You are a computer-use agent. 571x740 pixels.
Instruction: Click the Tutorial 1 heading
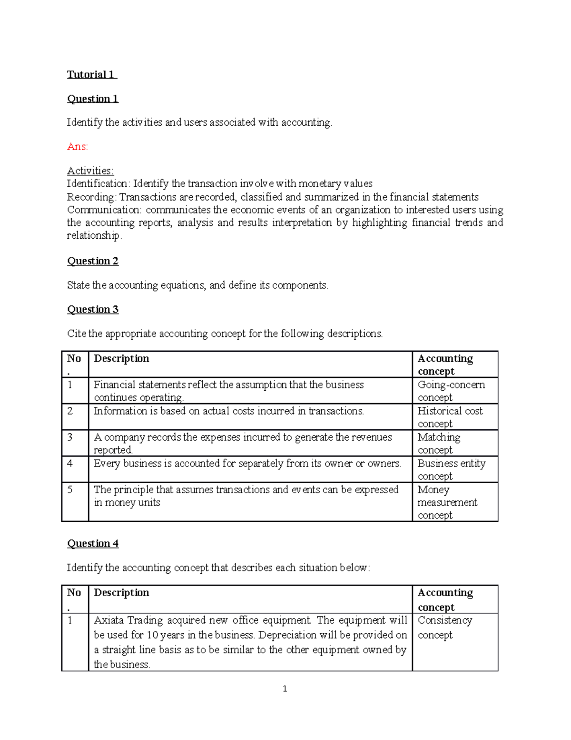[91, 74]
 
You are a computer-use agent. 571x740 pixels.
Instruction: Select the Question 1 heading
[92, 99]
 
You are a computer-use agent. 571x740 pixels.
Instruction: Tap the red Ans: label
[77, 147]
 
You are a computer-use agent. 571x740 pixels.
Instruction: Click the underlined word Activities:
[90, 171]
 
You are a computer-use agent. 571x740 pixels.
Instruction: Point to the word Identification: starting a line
[98, 184]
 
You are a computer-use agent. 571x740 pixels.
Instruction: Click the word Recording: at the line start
[91, 197]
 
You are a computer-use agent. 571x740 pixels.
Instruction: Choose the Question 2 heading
[92, 261]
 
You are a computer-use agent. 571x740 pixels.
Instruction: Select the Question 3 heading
[92, 309]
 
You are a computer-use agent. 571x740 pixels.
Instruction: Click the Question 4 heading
[92, 544]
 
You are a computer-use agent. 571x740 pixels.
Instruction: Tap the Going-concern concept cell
[451, 391]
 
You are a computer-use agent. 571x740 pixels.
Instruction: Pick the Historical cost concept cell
[450, 417]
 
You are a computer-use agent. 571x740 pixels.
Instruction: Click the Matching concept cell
[439, 443]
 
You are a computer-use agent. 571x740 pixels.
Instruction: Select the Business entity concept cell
[451, 469]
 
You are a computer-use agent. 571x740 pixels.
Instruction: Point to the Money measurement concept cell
[447, 502]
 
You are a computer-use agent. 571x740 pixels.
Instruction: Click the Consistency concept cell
[444, 627]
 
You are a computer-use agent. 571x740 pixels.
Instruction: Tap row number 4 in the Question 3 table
[70, 463]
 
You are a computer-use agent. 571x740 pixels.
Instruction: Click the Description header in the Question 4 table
[121, 592]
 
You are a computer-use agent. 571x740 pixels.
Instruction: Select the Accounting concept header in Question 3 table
[445, 365]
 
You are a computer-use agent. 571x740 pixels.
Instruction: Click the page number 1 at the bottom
[285, 689]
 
